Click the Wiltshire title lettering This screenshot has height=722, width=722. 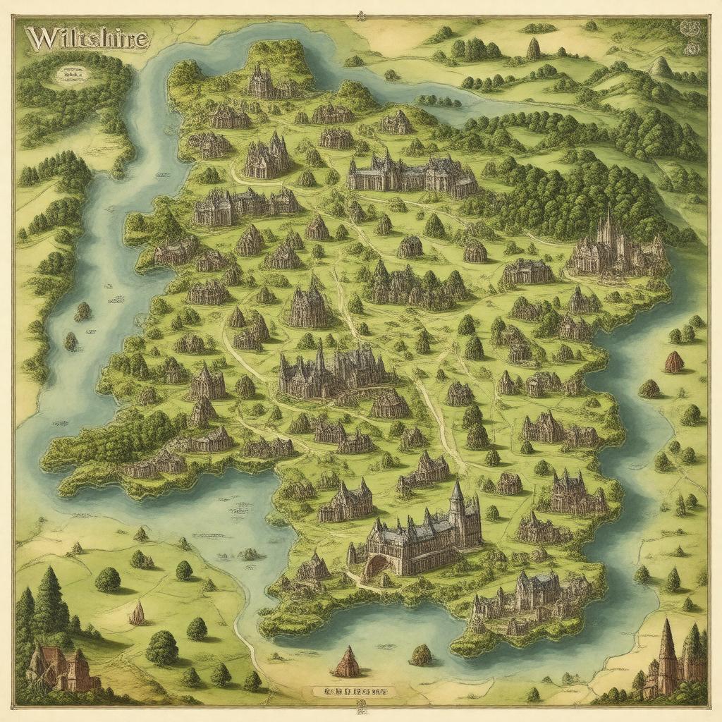click(87, 38)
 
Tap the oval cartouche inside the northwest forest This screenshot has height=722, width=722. click(71, 71)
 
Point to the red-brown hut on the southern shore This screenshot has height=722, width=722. click(347, 663)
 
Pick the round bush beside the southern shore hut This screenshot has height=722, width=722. click(421, 655)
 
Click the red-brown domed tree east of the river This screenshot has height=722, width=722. click(674, 362)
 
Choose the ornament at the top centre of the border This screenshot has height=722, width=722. click(361, 15)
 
